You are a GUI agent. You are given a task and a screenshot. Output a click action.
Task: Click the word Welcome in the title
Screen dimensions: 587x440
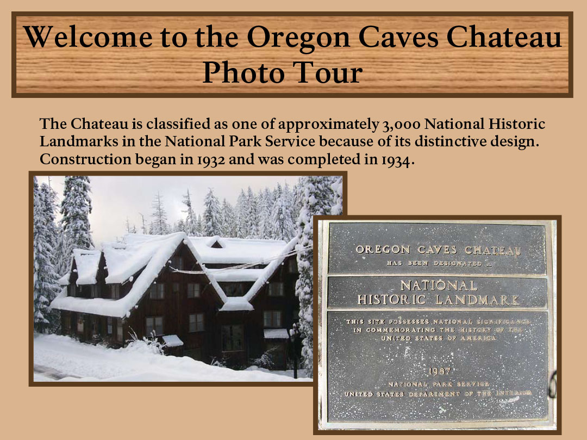(x=89, y=37)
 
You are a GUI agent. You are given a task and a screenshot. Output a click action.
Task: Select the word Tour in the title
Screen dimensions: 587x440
(x=328, y=72)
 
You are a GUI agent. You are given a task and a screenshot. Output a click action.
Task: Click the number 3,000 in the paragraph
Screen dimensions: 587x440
(x=401, y=125)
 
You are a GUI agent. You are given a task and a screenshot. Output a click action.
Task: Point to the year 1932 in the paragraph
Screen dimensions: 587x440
(x=211, y=160)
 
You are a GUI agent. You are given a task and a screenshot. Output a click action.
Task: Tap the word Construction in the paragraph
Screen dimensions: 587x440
(x=85, y=159)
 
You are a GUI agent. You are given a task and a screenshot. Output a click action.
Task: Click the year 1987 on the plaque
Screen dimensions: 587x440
(x=440, y=371)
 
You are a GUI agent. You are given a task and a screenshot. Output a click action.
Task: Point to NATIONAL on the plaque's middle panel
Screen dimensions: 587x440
(x=439, y=286)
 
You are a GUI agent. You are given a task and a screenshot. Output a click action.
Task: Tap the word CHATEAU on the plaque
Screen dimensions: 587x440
(x=492, y=250)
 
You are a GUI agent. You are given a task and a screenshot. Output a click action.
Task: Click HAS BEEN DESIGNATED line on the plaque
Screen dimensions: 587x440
(x=439, y=263)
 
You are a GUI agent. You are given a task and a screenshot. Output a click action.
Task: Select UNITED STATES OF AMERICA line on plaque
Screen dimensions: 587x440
(x=439, y=338)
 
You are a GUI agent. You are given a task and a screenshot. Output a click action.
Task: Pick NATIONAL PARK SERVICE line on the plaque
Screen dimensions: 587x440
(x=439, y=384)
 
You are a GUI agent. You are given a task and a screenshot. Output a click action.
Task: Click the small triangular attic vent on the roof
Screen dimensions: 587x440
(x=216, y=244)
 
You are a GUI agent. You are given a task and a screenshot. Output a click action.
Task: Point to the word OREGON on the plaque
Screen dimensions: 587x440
(x=383, y=250)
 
